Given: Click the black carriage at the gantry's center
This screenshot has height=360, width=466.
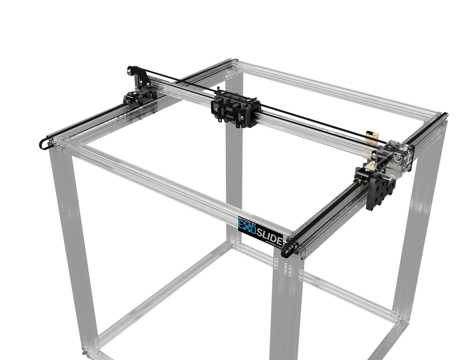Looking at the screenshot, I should point(236,110).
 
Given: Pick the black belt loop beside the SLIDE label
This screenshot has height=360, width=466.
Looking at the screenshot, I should point(288,248).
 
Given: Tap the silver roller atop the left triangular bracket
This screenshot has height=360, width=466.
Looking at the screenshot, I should point(129,71).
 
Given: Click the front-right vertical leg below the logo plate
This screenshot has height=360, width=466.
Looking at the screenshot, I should point(287,307).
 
